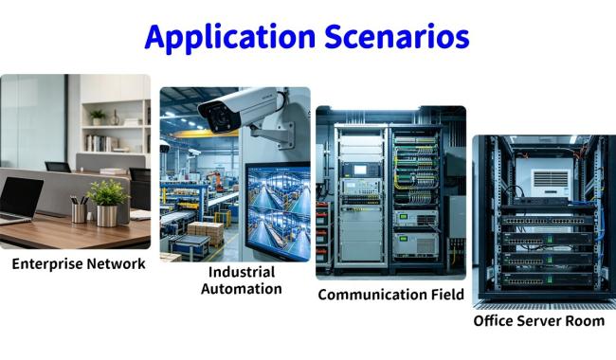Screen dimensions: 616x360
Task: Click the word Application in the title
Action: [x=230, y=37]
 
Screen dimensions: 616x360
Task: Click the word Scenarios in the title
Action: [x=397, y=36]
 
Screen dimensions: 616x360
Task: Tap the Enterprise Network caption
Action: [x=79, y=263]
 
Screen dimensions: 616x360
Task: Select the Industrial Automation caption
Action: [x=242, y=280]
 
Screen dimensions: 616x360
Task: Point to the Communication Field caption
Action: [x=390, y=295]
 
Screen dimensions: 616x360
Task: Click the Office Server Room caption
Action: [x=539, y=321]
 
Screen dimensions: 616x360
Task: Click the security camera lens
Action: [x=218, y=117]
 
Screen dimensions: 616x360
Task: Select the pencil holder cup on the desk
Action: [x=79, y=213]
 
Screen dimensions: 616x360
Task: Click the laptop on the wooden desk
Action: [x=19, y=200]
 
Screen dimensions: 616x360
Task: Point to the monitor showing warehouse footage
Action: [x=278, y=211]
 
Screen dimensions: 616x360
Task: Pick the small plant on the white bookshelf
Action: [x=98, y=117]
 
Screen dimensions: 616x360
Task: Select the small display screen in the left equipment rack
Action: [x=360, y=170]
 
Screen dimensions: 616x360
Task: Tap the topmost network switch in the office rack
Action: [x=548, y=220]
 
